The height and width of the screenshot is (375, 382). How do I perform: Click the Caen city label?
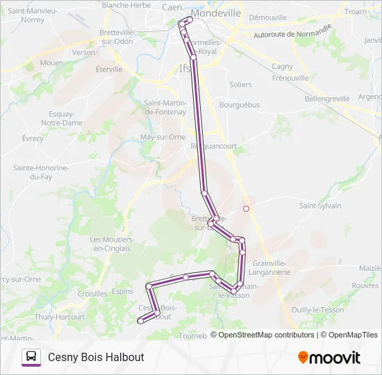172,7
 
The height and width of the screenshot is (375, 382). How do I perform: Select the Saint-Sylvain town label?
320,206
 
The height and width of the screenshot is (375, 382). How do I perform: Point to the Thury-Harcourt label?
60,317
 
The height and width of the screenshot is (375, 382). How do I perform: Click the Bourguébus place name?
239,105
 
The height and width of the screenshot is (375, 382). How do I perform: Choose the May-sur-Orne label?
163,137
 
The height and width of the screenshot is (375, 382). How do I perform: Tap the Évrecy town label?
33,138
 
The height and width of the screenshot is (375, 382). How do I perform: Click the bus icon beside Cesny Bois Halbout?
31,357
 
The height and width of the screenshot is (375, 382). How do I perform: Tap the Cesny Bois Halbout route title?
96,357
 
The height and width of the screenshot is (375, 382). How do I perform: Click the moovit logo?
329,358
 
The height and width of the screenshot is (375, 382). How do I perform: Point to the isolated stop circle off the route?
246,208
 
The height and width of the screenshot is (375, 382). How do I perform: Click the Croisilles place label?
92,294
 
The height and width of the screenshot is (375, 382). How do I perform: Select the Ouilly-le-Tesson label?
318,310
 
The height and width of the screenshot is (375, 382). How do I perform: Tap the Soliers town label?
240,85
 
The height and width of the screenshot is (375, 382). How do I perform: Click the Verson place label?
83,52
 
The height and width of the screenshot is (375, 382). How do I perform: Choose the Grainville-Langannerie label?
271,267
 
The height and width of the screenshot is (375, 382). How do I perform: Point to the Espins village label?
122,292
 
